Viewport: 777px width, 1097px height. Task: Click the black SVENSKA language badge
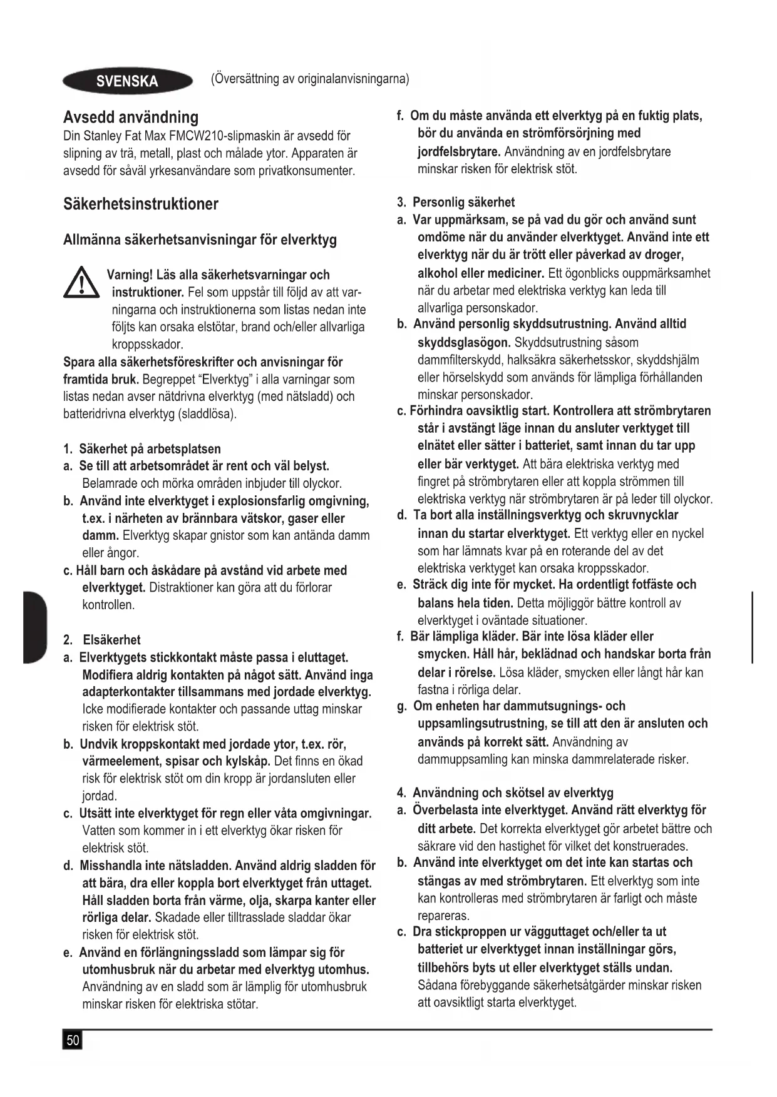pos(128,81)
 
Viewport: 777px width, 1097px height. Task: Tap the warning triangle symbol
pos(81,285)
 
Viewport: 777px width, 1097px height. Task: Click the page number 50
pos(73,1040)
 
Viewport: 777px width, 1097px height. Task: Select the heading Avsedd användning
pos(131,117)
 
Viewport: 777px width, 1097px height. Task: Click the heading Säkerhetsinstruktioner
pos(141,204)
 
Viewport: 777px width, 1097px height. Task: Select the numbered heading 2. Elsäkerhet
pos(102,640)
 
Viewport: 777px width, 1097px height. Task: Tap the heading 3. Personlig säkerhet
pos(456,202)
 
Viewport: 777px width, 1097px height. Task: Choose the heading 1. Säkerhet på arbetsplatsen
pos(142,448)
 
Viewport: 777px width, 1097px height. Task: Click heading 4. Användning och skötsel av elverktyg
pos(505,793)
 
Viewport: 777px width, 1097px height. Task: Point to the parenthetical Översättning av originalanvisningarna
pos(310,79)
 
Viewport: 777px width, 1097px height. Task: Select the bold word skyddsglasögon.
pos(464,342)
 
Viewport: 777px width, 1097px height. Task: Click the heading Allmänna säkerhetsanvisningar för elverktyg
pos(200,240)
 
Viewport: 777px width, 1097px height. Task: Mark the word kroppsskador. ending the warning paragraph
pos(147,344)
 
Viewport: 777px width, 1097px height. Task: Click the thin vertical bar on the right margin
pos(752,626)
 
